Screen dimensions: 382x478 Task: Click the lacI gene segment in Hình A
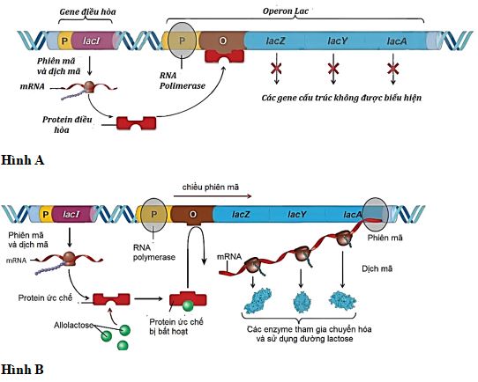(x=92, y=40)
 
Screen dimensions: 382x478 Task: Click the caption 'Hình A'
(x=22, y=160)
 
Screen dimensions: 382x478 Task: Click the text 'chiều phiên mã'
(x=212, y=187)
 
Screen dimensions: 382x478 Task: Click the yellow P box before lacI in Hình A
(x=63, y=40)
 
